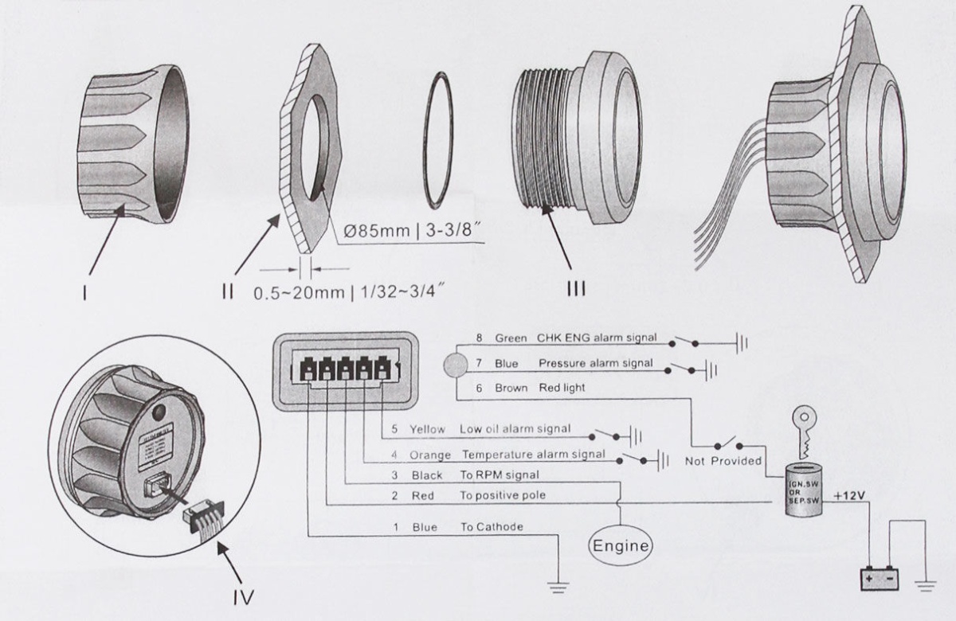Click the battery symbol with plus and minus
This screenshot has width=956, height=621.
click(x=879, y=578)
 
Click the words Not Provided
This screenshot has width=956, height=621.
click(x=723, y=460)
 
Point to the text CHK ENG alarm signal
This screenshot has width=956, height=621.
click(x=597, y=338)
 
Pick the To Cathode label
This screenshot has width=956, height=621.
click(x=492, y=527)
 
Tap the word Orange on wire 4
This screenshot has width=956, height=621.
click(x=431, y=455)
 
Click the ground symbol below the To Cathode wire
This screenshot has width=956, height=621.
click(x=560, y=587)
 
